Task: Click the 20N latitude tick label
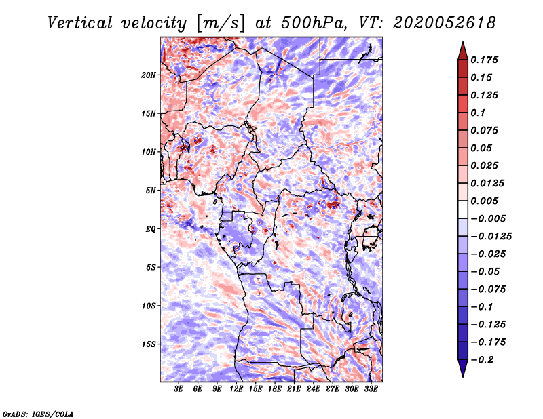(149, 75)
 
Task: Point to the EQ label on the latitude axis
(151, 229)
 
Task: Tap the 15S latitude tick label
(149, 344)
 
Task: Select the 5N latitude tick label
(151, 191)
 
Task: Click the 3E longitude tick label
(179, 389)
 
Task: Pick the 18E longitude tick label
(275, 389)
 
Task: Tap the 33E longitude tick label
(371, 389)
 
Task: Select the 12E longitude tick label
(236, 389)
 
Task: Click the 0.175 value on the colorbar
(484, 60)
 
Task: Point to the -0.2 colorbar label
(482, 360)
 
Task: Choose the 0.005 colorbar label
(484, 201)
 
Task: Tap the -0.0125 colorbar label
(491, 237)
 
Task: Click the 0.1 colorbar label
(478, 113)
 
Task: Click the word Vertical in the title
(80, 23)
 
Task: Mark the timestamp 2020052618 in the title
(445, 23)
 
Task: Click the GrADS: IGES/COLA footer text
(38, 414)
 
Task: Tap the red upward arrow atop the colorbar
(463, 52)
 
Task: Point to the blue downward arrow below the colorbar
(463, 368)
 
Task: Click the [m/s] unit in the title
(221, 23)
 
